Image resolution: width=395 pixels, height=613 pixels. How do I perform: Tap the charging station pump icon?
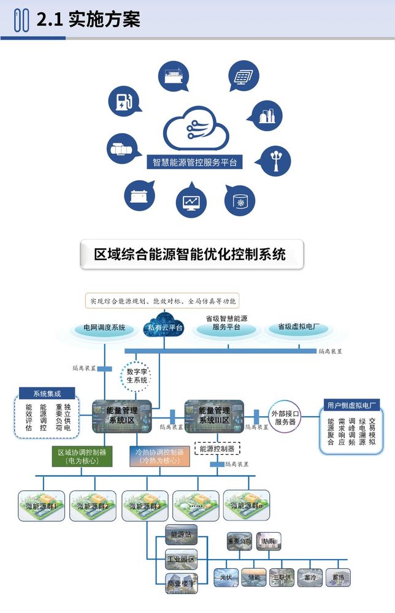[124, 102]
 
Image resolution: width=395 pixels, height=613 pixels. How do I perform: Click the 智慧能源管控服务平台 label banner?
[194, 163]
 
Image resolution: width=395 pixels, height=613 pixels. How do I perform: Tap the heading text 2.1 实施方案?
[88, 20]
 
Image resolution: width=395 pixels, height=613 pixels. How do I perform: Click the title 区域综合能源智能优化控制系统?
[192, 254]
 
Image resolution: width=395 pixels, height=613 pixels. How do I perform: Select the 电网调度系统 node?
[104, 328]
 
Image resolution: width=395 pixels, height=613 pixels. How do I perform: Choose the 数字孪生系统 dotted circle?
[137, 375]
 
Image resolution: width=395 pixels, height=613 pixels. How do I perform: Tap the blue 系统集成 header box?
[46, 394]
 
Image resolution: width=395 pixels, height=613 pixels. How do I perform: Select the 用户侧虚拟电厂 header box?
[351, 405]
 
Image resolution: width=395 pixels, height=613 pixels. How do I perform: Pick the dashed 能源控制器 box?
[217, 449]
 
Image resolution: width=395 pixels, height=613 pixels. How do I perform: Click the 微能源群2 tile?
[93, 506]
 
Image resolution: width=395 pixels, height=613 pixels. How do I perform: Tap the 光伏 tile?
[225, 577]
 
